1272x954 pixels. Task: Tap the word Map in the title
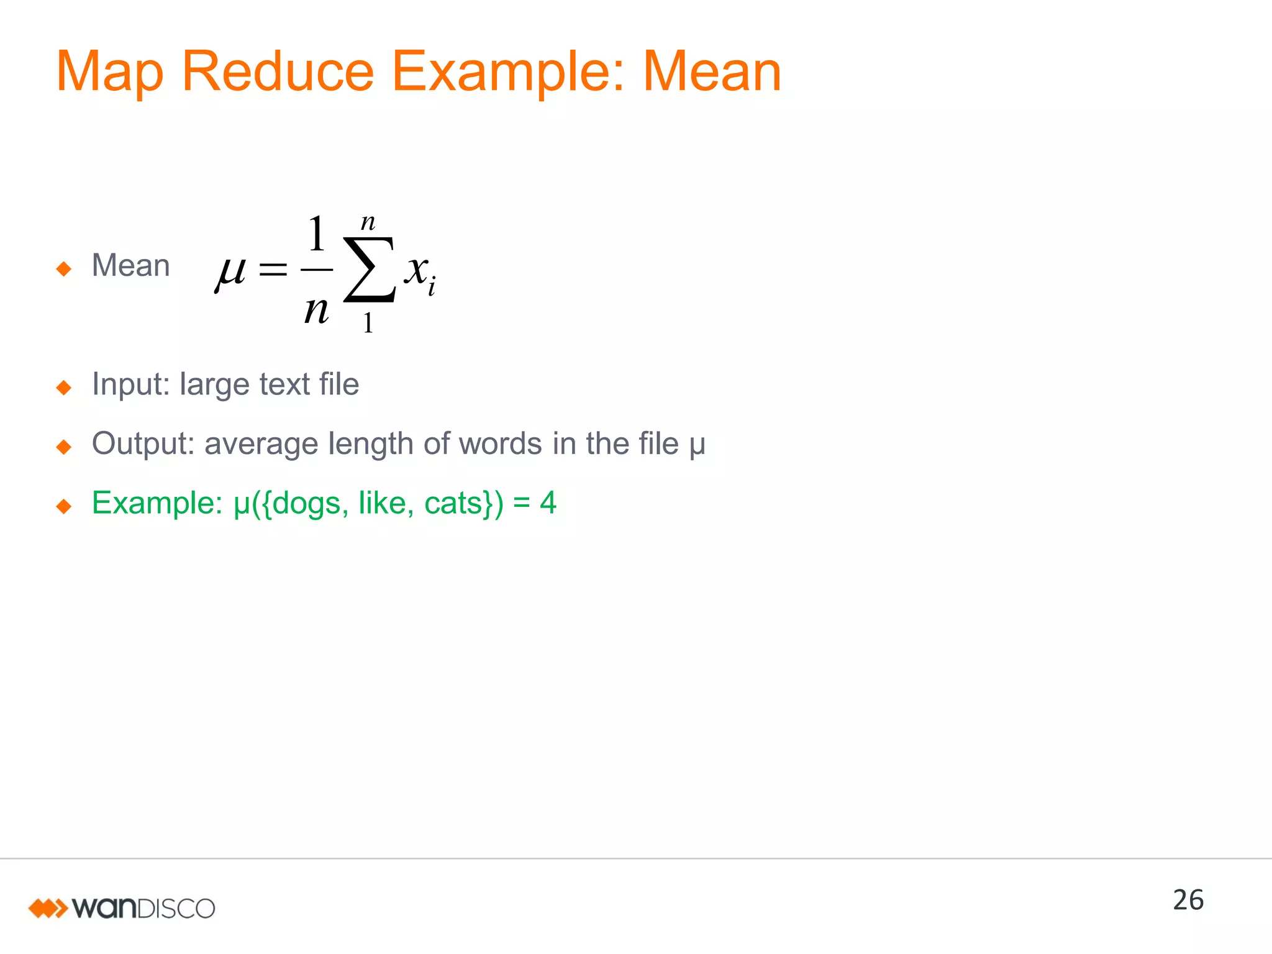109,73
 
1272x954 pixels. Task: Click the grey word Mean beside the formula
130,266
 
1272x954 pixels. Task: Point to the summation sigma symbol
370,270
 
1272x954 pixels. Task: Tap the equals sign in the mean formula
273,270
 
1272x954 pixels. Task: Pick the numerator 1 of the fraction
317,234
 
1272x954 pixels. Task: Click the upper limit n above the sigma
368,222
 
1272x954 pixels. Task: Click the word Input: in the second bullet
130,384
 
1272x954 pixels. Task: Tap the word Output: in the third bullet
143,443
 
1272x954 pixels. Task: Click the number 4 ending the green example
548,502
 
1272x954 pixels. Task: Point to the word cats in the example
455,503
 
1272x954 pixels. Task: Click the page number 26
1188,900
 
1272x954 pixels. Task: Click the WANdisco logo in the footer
122,908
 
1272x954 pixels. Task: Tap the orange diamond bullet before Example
63,506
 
